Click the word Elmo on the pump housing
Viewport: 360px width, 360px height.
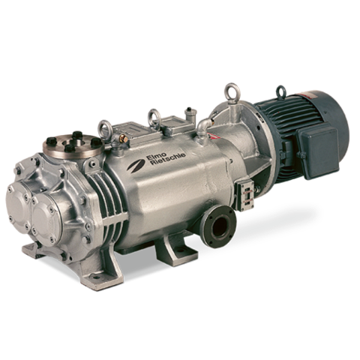point(154,157)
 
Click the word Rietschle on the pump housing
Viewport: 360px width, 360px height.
point(164,160)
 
